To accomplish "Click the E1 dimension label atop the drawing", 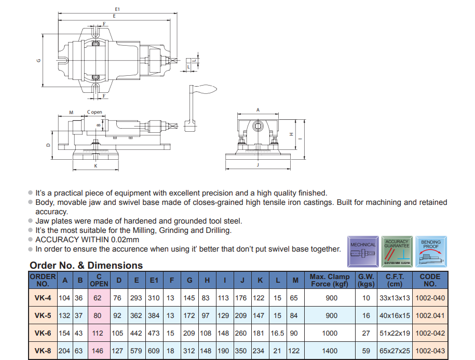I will [x=117, y=9].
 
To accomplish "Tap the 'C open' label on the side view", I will [x=94, y=112].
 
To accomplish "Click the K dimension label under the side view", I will [x=96, y=166].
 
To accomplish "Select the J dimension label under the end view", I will [x=258, y=165].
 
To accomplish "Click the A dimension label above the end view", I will [x=258, y=110].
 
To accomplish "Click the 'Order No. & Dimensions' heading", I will [x=86, y=266].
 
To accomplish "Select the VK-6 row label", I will [x=43, y=333].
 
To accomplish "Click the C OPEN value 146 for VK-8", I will [x=98, y=351].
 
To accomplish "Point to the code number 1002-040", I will [x=430, y=298].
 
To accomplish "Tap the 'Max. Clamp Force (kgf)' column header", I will [x=330, y=280].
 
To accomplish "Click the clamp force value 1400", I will [x=330, y=351].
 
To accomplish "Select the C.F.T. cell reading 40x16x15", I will [x=395, y=315].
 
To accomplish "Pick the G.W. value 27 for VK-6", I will [x=367, y=333].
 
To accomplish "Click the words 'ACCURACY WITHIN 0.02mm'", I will [x=87, y=240].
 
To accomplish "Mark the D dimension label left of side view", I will [x=48, y=145].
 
